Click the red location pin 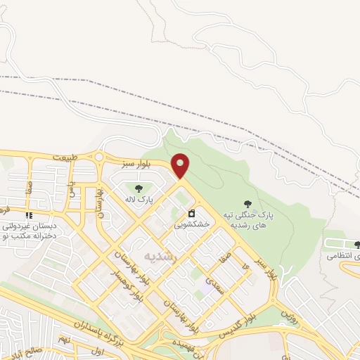[x=181, y=166]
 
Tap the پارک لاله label [x=140, y=200]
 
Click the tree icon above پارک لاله [x=139, y=188]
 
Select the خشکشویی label [x=192, y=225]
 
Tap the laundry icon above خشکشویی [x=191, y=213]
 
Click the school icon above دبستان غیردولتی [x=28, y=215]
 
